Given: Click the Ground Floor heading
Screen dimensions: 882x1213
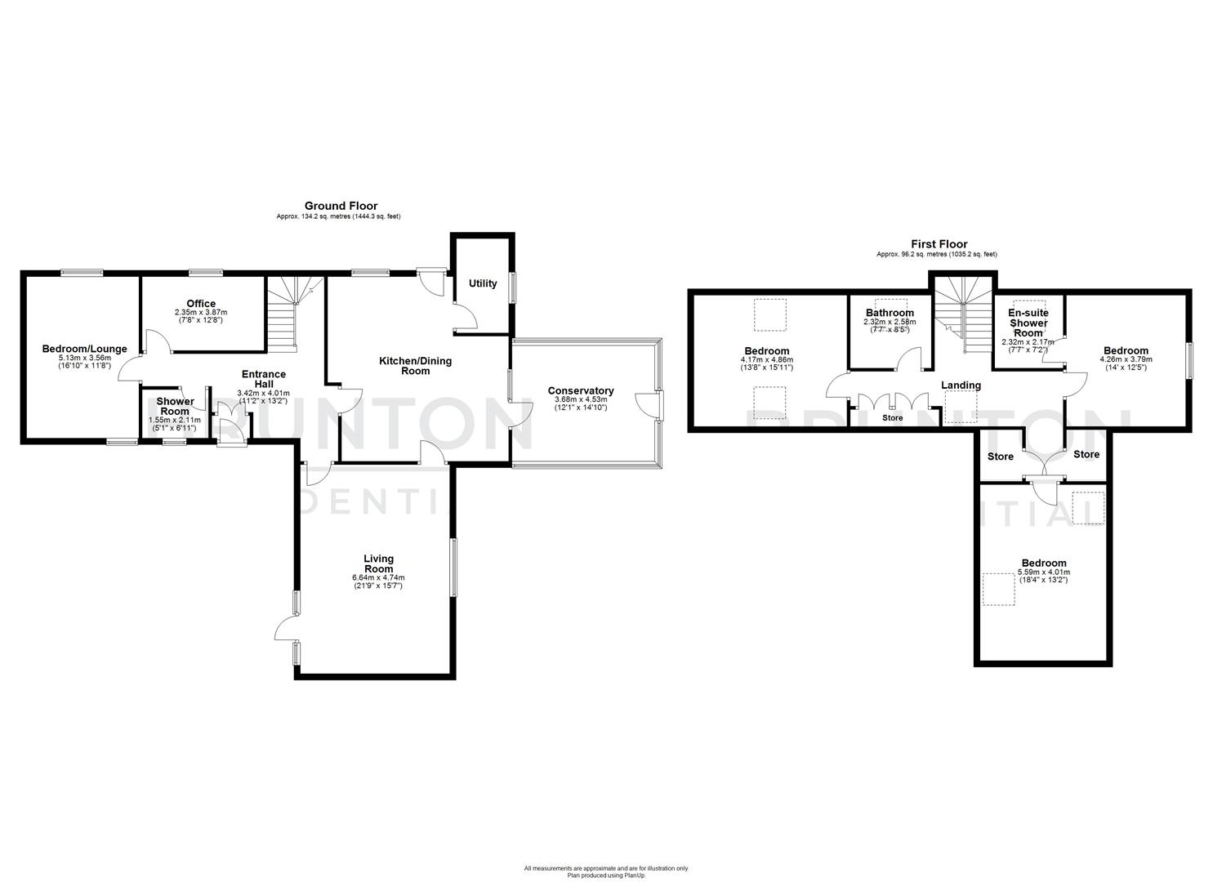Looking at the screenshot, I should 341,206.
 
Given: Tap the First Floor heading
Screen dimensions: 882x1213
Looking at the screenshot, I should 939,244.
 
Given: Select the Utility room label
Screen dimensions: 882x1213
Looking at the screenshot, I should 483,283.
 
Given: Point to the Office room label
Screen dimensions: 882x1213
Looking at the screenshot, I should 201,304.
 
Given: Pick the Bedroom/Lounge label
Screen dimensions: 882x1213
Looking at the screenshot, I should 84,349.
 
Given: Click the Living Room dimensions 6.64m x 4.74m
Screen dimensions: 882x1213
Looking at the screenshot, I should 378,577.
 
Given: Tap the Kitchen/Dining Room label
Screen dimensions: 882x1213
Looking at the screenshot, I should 415,366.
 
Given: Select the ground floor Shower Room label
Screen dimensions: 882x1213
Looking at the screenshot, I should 175,406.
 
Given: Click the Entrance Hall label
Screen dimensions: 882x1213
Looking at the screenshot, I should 263,380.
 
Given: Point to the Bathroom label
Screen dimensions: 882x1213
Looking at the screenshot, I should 890,313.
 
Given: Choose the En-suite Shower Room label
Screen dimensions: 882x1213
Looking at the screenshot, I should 1028,323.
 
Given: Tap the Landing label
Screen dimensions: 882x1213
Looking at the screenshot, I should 961,385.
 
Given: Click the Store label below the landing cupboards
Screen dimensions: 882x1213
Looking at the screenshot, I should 892,417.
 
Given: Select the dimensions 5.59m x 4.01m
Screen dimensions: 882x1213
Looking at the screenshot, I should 1043,572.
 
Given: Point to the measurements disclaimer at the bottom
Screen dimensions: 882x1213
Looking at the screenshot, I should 606,871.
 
